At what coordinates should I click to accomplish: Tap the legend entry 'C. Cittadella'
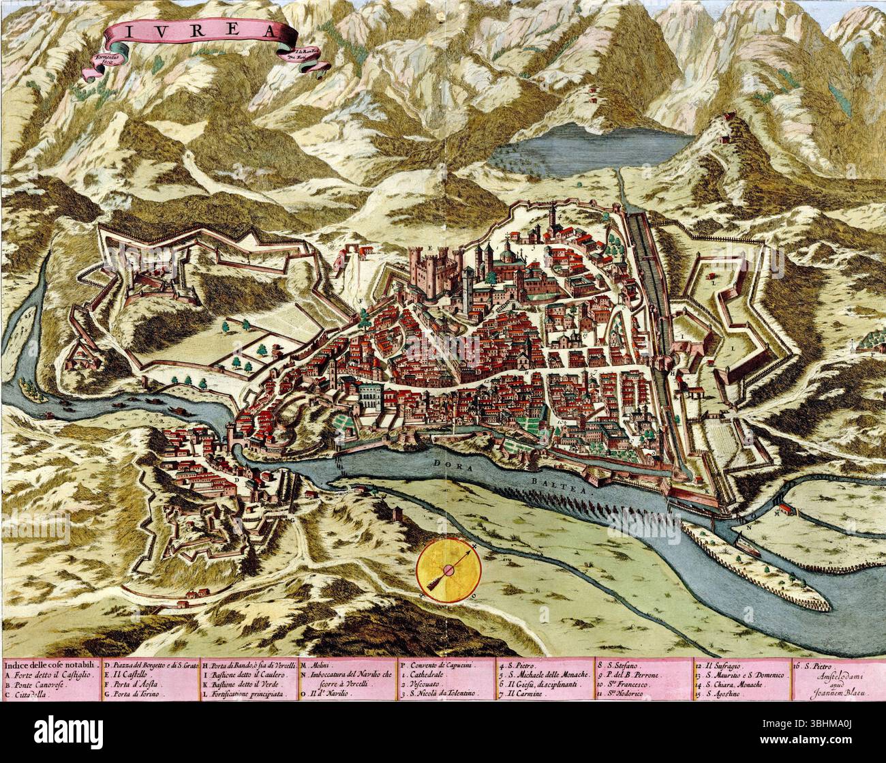click(x=33, y=693)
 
